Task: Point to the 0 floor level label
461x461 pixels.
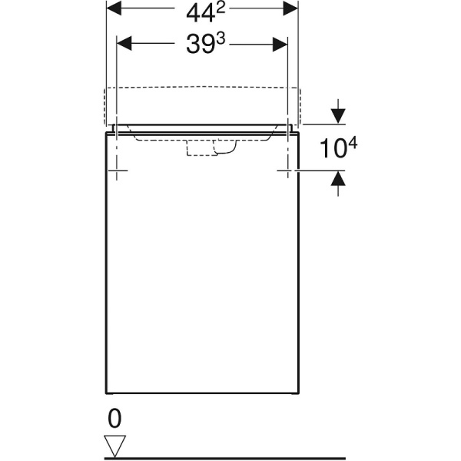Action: [115, 419]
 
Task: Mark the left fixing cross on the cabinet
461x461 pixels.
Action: [115, 170]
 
